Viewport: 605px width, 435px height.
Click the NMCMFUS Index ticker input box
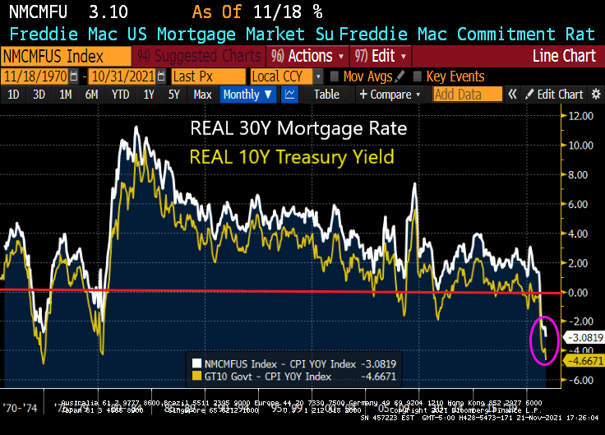66,56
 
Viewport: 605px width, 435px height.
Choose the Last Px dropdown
206,76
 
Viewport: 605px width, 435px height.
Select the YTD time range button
121,95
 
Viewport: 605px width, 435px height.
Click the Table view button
326,95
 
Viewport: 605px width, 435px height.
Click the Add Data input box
467,95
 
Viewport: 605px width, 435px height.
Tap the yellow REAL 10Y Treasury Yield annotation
292,156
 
